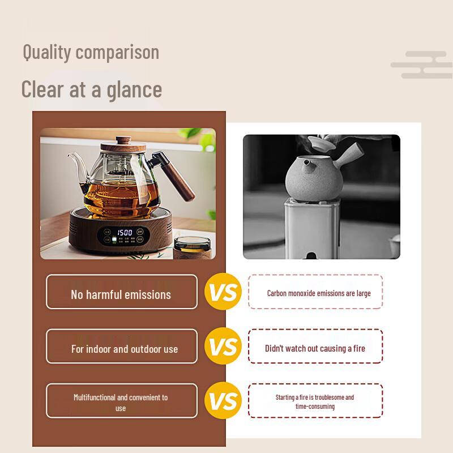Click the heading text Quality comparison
[x=91, y=52]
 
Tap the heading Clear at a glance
[x=91, y=89]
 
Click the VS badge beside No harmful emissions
[x=223, y=292]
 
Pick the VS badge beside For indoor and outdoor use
[x=223, y=347]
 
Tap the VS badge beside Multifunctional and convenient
[x=223, y=401]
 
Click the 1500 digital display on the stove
[x=125, y=232]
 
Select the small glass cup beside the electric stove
[x=191, y=247]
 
